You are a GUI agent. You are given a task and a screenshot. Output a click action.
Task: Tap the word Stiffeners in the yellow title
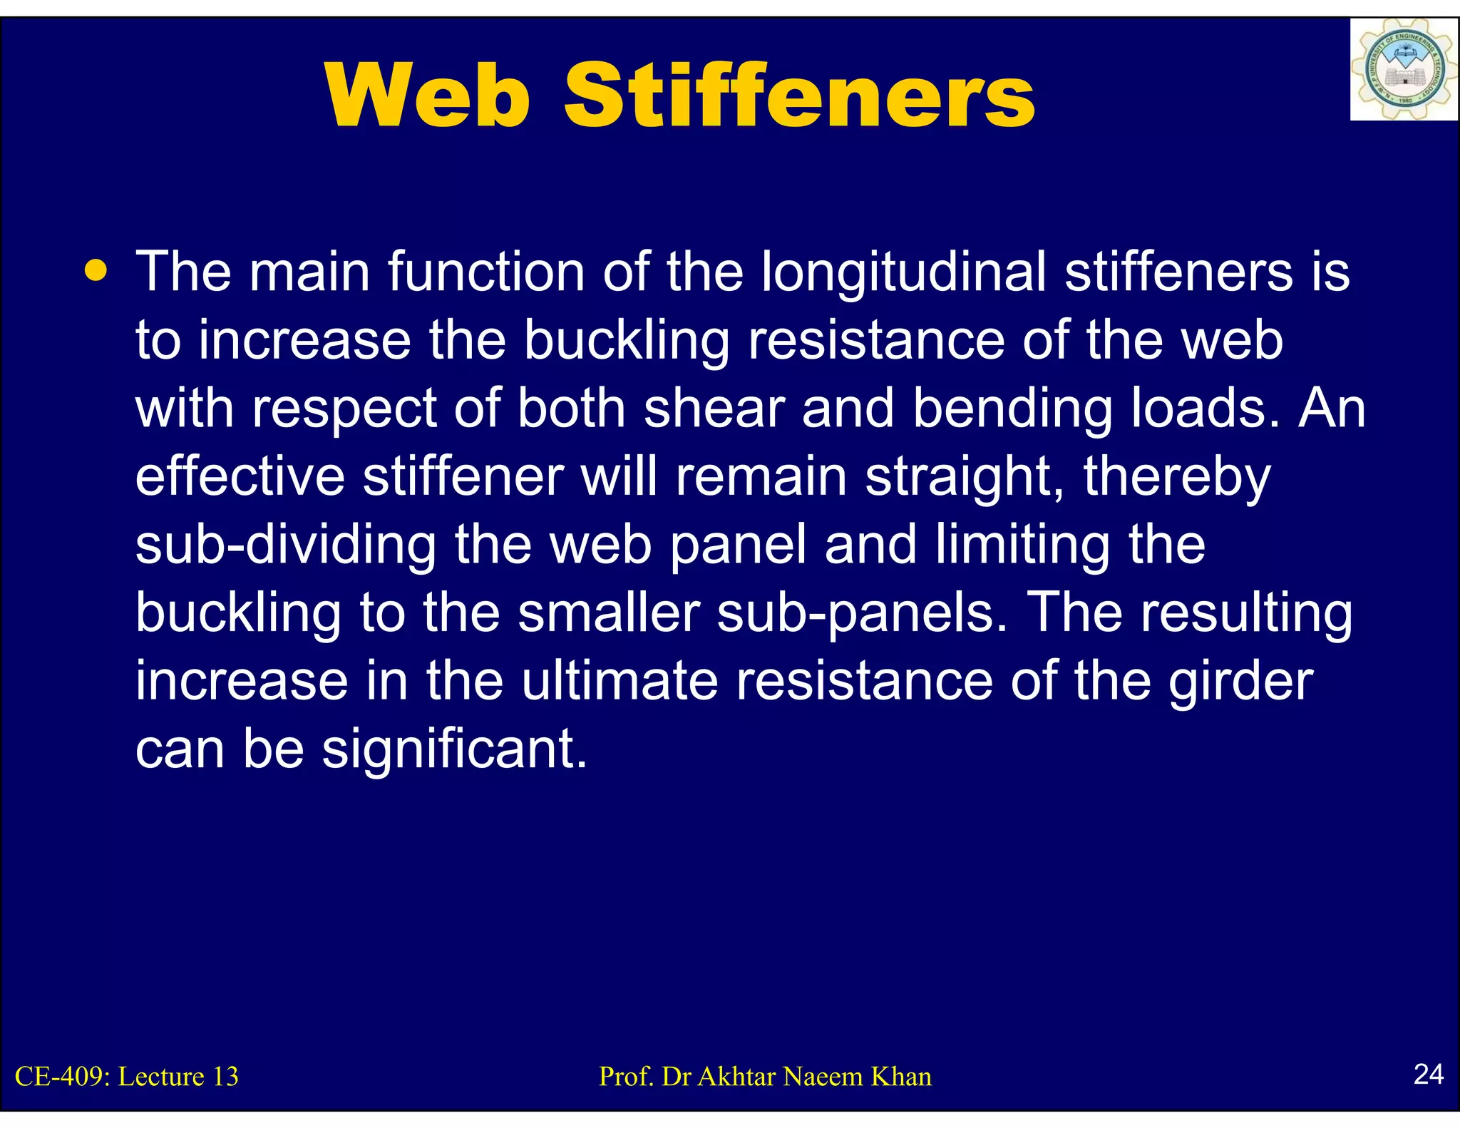[x=799, y=96]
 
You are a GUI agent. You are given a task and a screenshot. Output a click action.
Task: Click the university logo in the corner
[x=1403, y=70]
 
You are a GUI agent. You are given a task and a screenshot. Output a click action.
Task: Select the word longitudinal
[x=904, y=272]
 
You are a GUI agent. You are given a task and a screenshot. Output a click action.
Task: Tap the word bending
[x=1012, y=410]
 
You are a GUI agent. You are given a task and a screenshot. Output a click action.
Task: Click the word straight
[x=965, y=477]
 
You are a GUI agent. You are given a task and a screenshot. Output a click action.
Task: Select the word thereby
[x=1177, y=477]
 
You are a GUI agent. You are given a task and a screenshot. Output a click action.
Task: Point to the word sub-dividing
[x=286, y=545]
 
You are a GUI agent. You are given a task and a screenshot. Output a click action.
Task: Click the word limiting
[x=1022, y=545]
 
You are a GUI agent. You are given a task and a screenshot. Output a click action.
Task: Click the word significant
[x=454, y=750]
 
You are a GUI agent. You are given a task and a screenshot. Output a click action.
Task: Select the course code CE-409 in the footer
[x=62, y=1076]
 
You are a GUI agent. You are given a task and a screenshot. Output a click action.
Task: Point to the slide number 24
[x=1428, y=1074]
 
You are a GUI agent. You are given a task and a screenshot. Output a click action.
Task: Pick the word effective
[x=240, y=477]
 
